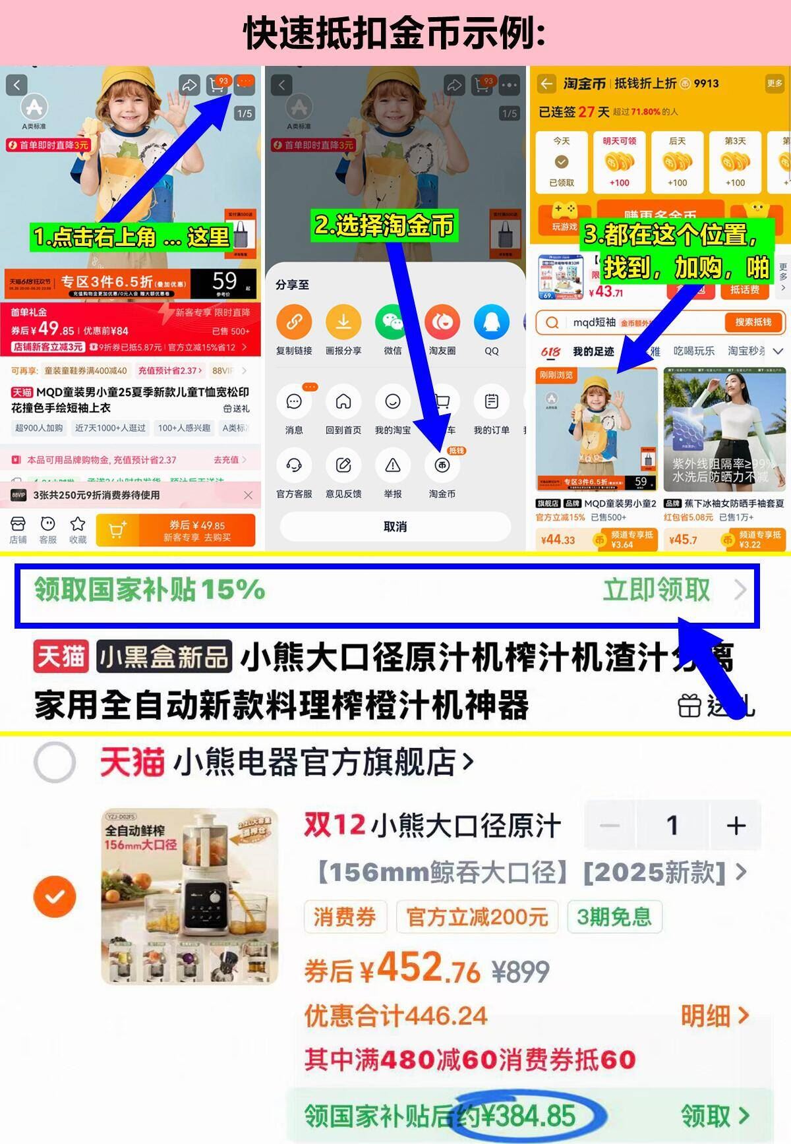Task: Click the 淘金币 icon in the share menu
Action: [x=442, y=466]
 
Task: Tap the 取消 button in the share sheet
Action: [x=395, y=527]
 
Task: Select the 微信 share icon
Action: [x=393, y=322]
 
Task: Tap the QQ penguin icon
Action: [x=492, y=322]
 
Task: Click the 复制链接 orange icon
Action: [x=294, y=322]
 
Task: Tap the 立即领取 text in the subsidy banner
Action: [x=657, y=590]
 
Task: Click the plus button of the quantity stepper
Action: [x=736, y=825]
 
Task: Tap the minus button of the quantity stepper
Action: [x=610, y=825]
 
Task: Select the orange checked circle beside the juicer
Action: [x=55, y=896]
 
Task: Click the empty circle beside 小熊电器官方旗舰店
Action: [x=55, y=762]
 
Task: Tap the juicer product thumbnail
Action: [x=190, y=896]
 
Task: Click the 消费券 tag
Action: [x=345, y=917]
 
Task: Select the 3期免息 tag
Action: [x=614, y=917]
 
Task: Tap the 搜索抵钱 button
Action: [x=753, y=322]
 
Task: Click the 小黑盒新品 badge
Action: [x=164, y=657]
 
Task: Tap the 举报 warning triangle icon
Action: [x=393, y=466]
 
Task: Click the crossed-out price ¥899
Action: [x=521, y=971]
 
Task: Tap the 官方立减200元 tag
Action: [x=477, y=917]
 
